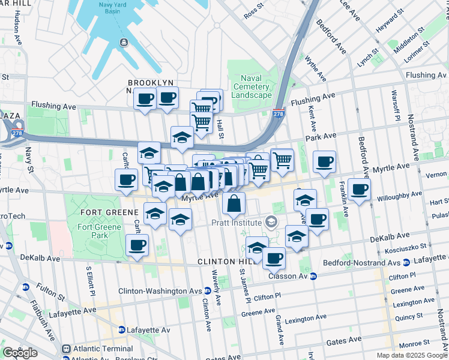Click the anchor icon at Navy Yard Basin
click(x=123, y=42)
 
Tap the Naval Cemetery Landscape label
click(x=252, y=86)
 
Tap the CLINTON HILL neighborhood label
click(x=224, y=262)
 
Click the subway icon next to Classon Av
click(x=313, y=277)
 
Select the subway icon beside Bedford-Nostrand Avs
click(x=406, y=262)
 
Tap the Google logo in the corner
click(x=20, y=352)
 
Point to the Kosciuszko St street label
click(x=406, y=246)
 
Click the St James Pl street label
click(x=243, y=286)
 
